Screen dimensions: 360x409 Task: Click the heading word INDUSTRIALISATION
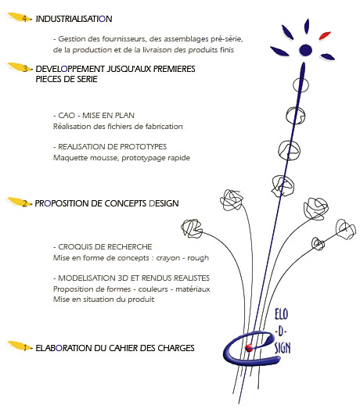74,19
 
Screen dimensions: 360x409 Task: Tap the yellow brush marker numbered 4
19,17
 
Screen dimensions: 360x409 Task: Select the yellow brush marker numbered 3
19,67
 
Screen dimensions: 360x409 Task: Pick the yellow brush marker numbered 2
19,202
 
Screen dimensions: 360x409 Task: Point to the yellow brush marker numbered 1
19,346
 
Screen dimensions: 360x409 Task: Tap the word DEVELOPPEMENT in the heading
70,69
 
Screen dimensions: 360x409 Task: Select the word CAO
67,115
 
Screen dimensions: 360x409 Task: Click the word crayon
168,258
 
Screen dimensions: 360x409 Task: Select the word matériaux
193,289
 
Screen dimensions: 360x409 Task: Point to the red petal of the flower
325,35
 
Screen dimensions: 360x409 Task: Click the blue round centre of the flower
305,49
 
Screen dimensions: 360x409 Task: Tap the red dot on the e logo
249,347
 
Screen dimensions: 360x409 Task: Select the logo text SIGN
283,348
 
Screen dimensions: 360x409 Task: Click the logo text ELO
282,314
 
